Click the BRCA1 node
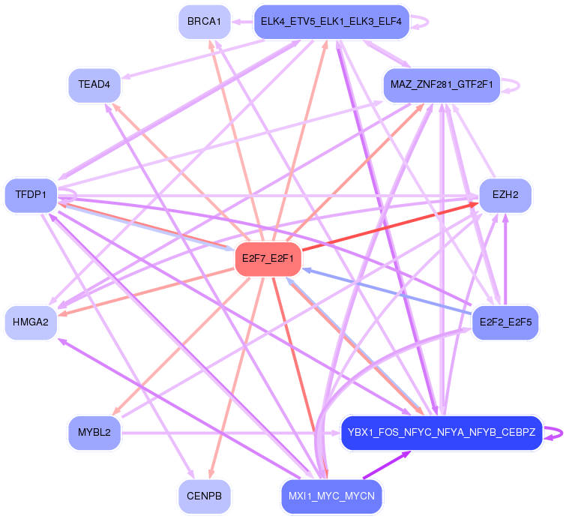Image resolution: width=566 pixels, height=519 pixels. coord(204,22)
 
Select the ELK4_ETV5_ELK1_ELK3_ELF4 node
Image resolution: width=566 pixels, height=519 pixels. coord(331,22)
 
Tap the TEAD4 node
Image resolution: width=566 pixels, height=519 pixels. coord(94,85)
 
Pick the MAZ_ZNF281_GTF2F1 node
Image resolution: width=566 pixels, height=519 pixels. coord(442,85)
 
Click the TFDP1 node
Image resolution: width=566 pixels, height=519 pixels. coord(31,195)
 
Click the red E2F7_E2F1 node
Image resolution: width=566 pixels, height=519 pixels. coord(268,259)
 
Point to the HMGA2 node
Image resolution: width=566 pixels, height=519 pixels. coord(31,322)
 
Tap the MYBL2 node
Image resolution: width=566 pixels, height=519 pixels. coord(94,433)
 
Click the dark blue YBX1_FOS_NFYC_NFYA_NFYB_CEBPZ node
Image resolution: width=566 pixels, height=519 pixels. coord(442,433)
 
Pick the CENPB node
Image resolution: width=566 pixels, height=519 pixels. coord(204,496)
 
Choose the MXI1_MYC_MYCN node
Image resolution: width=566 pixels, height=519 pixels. coord(331,496)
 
